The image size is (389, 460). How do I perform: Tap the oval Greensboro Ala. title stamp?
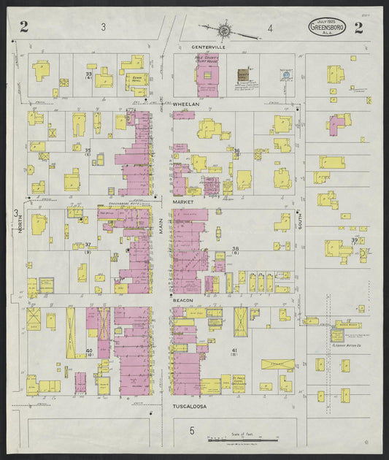(x=326, y=28)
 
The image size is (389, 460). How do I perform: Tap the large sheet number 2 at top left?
(x=24, y=28)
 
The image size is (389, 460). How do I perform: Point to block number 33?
(x=88, y=74)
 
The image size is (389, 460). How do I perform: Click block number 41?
(x=235, y=352)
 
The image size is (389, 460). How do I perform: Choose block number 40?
(x=89, y=352)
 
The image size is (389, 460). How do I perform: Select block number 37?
(x=88, y=245)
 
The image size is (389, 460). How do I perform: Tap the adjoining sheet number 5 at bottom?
(x=193, y=431)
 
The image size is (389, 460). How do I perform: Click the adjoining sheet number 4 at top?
(x=269, y=28)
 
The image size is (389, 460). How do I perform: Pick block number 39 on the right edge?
(x=355, y=240)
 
